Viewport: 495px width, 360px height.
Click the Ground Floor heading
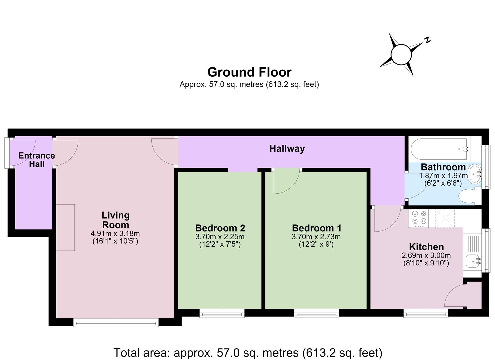click(x=249, y=72)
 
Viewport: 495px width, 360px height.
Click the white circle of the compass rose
click(x=401, y=55)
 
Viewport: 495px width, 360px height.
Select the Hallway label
click(x=287, y=149)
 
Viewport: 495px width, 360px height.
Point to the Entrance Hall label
click(x=37, y=160)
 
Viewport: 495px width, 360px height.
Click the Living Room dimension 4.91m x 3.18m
click(x=115, y=233)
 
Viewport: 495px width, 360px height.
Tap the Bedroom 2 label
click(x=220, y=228)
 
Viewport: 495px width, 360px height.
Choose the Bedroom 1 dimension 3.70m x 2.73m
click(x=316, y=237)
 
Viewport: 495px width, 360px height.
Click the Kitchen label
click(x=426, y=247)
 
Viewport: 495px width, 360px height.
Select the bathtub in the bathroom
click(x=439, y=149)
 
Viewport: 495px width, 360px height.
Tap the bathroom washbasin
click(x=475, y=174)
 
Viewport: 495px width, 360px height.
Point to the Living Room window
click(x=116, y=322)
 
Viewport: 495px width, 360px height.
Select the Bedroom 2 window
click(x=222, y=313)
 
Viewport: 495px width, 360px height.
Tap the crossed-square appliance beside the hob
click(x=445, y=219)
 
